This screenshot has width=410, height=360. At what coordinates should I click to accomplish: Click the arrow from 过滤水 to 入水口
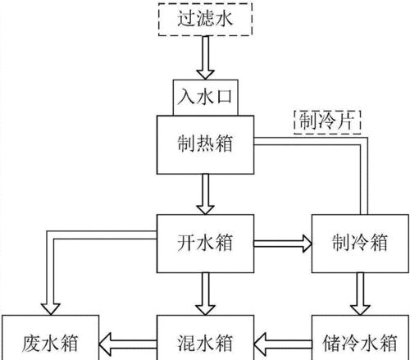pyautogui.click(x=205, y=57)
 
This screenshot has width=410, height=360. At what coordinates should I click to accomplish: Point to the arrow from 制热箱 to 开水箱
pyautogui.click(x=205, y=194)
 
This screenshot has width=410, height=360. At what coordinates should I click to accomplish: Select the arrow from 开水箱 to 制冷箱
pyautogui.click(x=283, y=244)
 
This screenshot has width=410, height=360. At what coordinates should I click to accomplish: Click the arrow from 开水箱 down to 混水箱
pyautogui.click(x=205, y=294)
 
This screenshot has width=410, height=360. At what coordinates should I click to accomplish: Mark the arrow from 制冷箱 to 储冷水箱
pyautogui.click(x=360, y=294)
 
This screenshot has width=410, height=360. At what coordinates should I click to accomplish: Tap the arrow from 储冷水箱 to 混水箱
pyautogui.click(x=283, y=344)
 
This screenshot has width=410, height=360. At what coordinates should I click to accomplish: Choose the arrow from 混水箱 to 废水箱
pyautogui.click(x=128, y=344)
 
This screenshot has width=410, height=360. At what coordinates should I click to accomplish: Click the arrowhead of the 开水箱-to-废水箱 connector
pyautogui.click(x=50, y=309)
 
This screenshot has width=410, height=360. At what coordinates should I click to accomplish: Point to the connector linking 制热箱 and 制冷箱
pyautogui.click(x=364, y=141)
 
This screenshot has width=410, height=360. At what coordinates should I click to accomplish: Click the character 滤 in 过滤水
pyautogui.click(x=205, y=19)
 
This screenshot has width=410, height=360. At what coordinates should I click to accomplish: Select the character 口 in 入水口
pyautogui.click(x=224, y=98)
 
